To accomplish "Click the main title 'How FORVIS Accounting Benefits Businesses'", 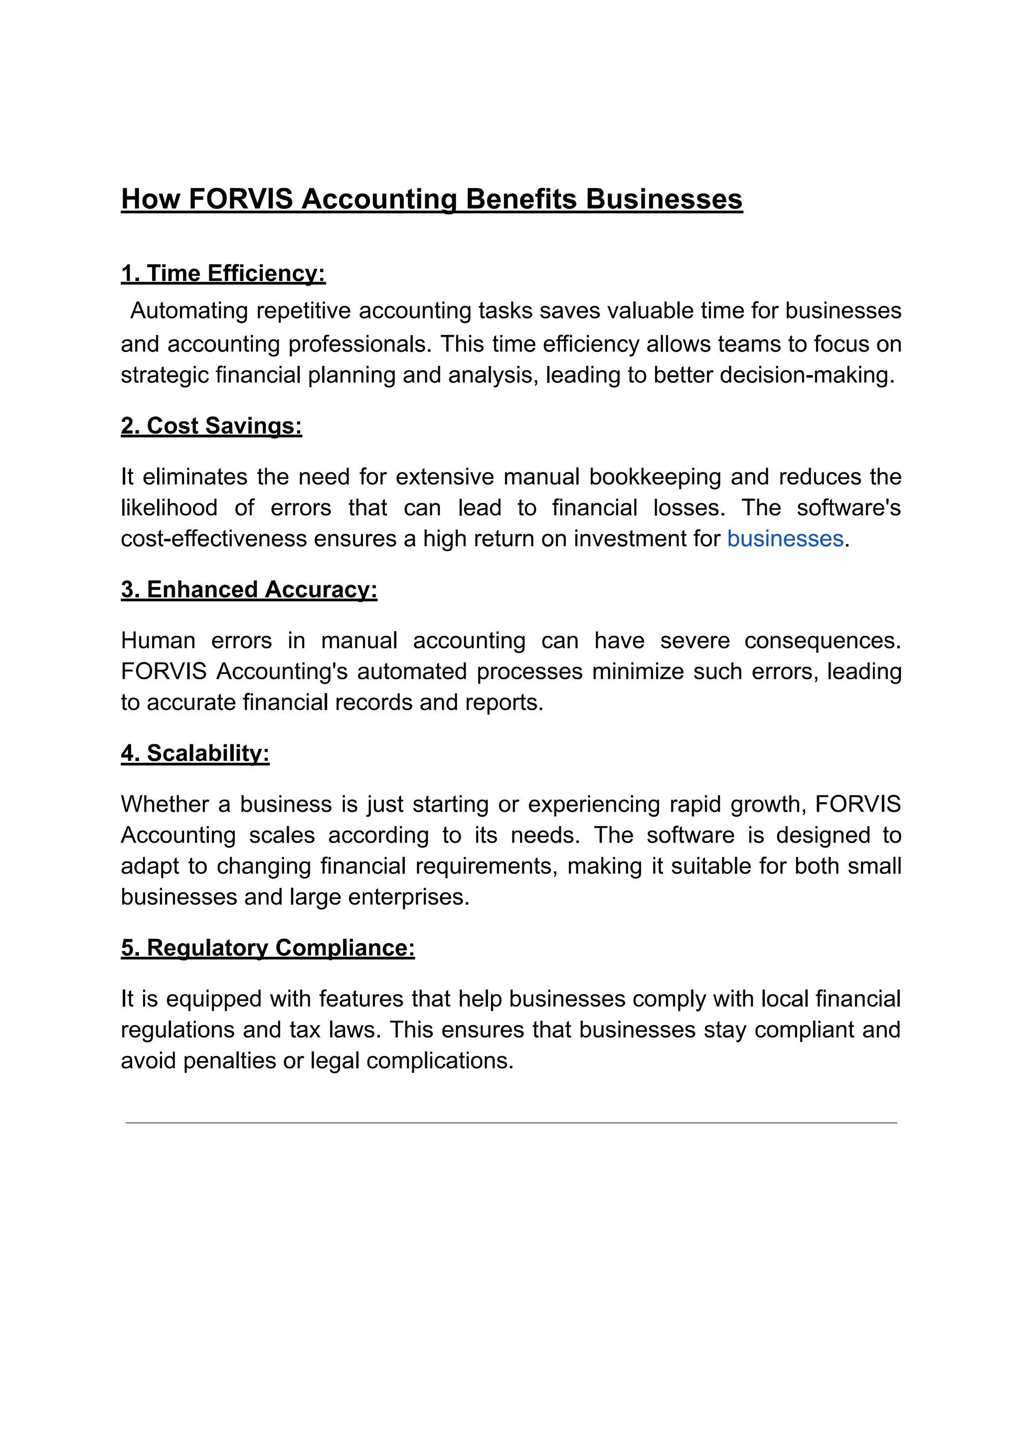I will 431,199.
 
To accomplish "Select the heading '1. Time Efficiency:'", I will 223,274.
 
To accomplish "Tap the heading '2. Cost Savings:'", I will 211,426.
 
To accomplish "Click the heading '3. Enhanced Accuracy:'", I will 249,589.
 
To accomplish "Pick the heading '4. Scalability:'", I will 195,753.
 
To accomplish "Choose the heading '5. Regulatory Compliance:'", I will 268,948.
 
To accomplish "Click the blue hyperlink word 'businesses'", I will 785,539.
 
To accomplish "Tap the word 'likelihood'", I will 169,508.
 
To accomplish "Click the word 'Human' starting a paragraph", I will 158,641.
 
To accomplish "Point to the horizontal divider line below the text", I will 510,1123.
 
